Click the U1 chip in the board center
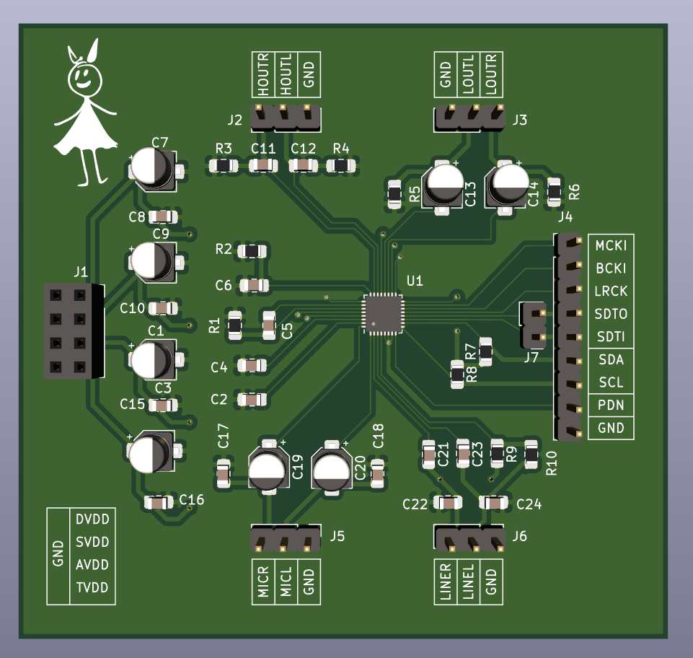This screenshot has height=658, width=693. point(382,313)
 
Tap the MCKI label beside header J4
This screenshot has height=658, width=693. point(611,245)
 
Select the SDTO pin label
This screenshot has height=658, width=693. point(611,314)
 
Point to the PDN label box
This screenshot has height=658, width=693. point(611,405)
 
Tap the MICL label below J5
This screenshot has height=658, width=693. point(286,582)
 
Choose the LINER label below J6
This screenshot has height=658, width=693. point(446,582)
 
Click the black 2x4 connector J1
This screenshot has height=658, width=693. point(73,330)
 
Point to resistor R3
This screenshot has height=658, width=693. point(224,166)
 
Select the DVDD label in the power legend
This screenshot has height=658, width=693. point(92,519)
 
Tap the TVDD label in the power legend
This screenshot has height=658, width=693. point(92,587)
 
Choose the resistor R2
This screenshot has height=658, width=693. point(252,251)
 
